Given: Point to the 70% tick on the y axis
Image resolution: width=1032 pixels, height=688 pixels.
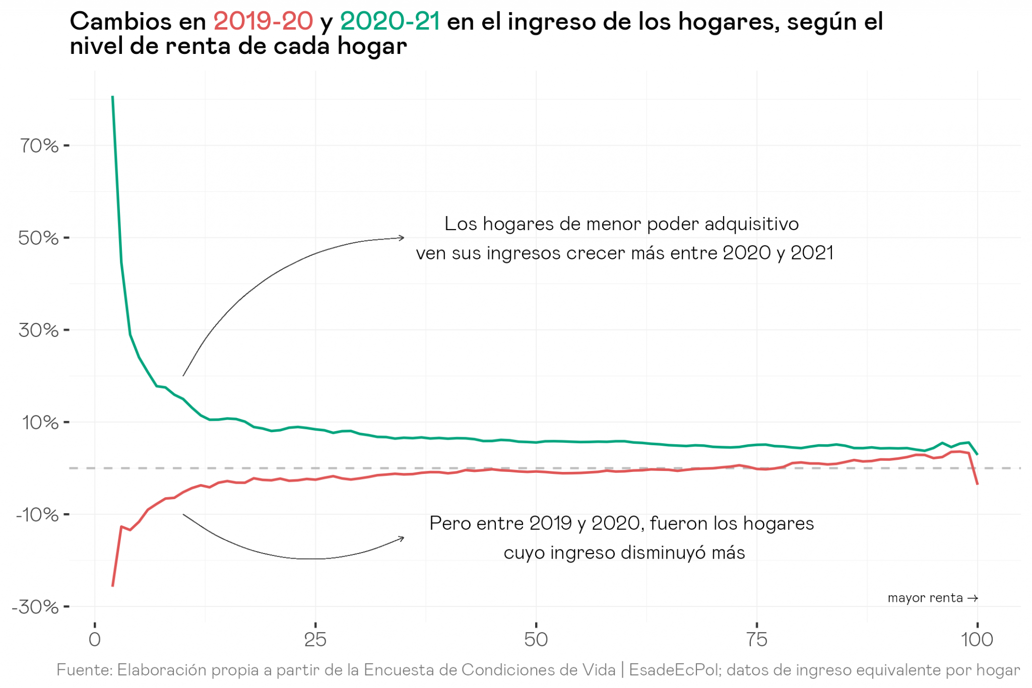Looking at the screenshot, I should coord(39,146).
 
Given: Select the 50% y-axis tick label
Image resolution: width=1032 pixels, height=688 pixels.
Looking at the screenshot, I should coord(39,238).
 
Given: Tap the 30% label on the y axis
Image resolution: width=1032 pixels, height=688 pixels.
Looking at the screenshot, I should coord(39,330).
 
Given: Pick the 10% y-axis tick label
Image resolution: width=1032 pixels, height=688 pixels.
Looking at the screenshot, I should coord(40,423).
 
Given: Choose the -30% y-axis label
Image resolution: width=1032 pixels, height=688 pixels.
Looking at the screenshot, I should coord(35,607).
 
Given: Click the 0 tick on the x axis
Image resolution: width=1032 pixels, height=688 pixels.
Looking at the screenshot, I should coord(95,640).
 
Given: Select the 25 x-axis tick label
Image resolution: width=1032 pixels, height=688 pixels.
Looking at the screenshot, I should coord(315,640).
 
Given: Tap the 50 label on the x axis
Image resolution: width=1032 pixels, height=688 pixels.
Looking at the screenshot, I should coord(536,640).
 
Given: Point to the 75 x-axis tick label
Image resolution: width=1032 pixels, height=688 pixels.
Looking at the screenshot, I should coord(757,640).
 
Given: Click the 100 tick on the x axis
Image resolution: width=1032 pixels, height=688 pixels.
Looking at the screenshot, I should coord(977,640).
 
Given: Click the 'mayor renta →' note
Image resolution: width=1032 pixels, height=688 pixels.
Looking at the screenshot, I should coord(932,598).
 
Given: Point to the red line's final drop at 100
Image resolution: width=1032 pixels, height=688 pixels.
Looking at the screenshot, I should coord(976,476).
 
